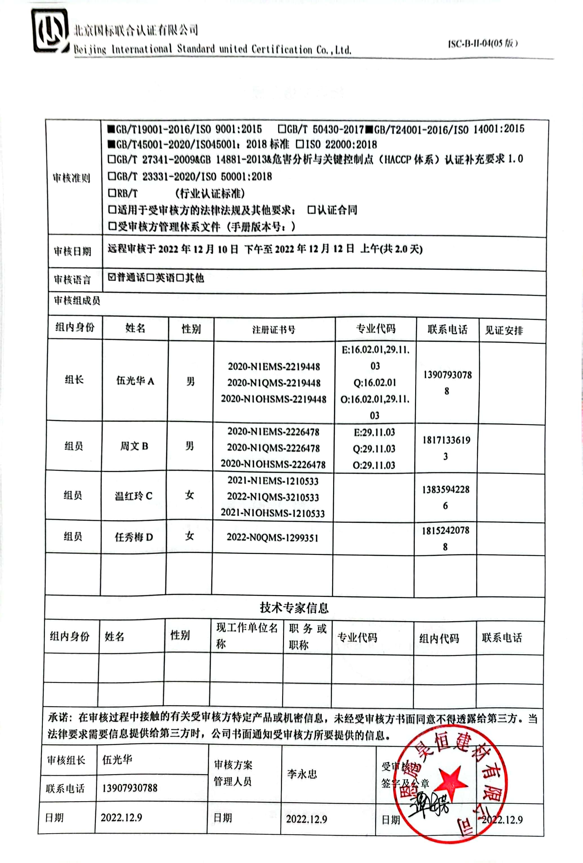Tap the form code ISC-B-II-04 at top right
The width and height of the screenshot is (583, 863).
tap(483, 43)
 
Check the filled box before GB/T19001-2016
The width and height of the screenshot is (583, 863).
tap(111, 129)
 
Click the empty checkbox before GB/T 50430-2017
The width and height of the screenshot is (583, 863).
tap(282, 129)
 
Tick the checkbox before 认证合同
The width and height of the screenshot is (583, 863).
tap(312, 210)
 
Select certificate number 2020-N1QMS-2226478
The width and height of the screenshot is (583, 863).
tap(273, 448)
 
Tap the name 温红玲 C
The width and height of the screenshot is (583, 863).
tap(133, 496)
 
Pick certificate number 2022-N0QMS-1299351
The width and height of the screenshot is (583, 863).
tap(273, 538)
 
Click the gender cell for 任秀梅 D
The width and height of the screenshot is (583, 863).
tap(189, 536)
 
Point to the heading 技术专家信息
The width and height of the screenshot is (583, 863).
tap(294, 608)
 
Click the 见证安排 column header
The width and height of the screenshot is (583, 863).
tap(503, 330)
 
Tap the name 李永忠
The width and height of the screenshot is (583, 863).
tap(302, 774)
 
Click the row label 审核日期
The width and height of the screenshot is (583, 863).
tap(72, 252)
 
